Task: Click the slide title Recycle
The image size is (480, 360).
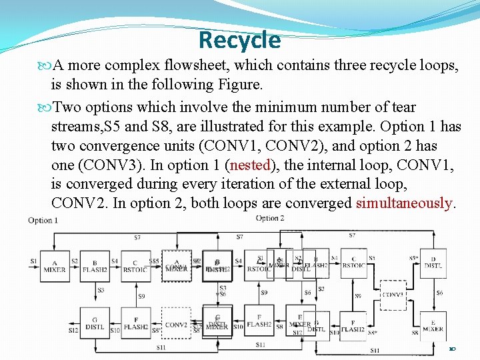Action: pyautogui.click(x=239, y=40)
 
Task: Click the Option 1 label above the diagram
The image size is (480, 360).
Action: pyautogui.click(x=43, y=221)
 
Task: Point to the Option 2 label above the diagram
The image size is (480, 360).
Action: pyautogui.click(x=270, y=218)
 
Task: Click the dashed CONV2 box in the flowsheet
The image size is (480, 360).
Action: pyautogui.click(x=176, y=324)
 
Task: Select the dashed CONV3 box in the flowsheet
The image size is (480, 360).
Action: pyautogui.click(x=393, y=294)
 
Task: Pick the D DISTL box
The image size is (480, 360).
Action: pyautogui.click(x=433, y=264)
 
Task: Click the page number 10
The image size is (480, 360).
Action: pyautogui.click(x=452, y=349)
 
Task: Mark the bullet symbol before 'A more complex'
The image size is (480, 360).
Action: pyautogui.click(x=45, y=66)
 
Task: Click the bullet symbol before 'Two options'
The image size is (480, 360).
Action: pyautogui.click(x=45, y=107)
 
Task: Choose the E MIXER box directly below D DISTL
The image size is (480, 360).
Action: pyautogui.click(x=433, y=324)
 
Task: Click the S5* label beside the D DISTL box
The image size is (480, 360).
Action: pyautogui.click(x=413, y=257)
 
